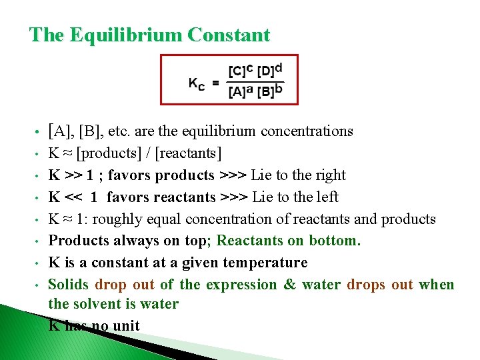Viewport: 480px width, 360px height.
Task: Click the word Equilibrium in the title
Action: [123, 35]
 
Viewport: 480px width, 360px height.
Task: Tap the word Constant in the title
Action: [229, 35]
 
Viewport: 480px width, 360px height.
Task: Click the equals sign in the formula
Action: [215, 83]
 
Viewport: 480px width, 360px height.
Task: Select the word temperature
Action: [266, 263]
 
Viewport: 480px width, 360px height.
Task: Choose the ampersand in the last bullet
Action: [289, 285]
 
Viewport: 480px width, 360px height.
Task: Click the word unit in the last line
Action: [127, 326]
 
